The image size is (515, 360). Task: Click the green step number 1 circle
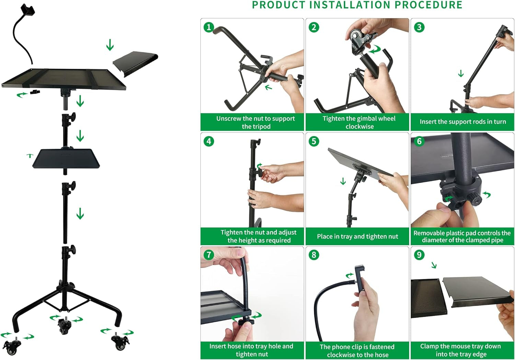pyautogui.click(x=209, y=27)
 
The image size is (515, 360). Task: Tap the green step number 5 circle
pyautogui.click(x=314, y=141)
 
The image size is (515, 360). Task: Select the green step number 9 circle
pyautogui.click(x=419, y=255)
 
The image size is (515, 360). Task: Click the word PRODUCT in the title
pyautogui.click(x=278, y=5)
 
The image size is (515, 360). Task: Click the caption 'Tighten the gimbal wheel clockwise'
pyautogui.click(x=359, y=122)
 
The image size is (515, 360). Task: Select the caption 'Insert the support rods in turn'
pyautogui.click(x=462, y=122)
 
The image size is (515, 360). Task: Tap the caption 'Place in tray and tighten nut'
pyautogui.click(x=357, y=236)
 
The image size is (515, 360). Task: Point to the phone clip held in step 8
pyautogui.click(x=359, y=278)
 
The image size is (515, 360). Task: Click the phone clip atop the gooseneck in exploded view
pyautogui.click(x=28, y=10)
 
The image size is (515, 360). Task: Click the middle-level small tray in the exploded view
pyautogui.click(x=66, y=158)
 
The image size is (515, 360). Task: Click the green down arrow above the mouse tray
pyautogui.click(x=110, y=45)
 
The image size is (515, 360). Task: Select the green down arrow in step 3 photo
pyautogui.click(x=461, y=74)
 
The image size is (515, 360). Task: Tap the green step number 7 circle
pyautogui.click(x=209, y=255)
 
